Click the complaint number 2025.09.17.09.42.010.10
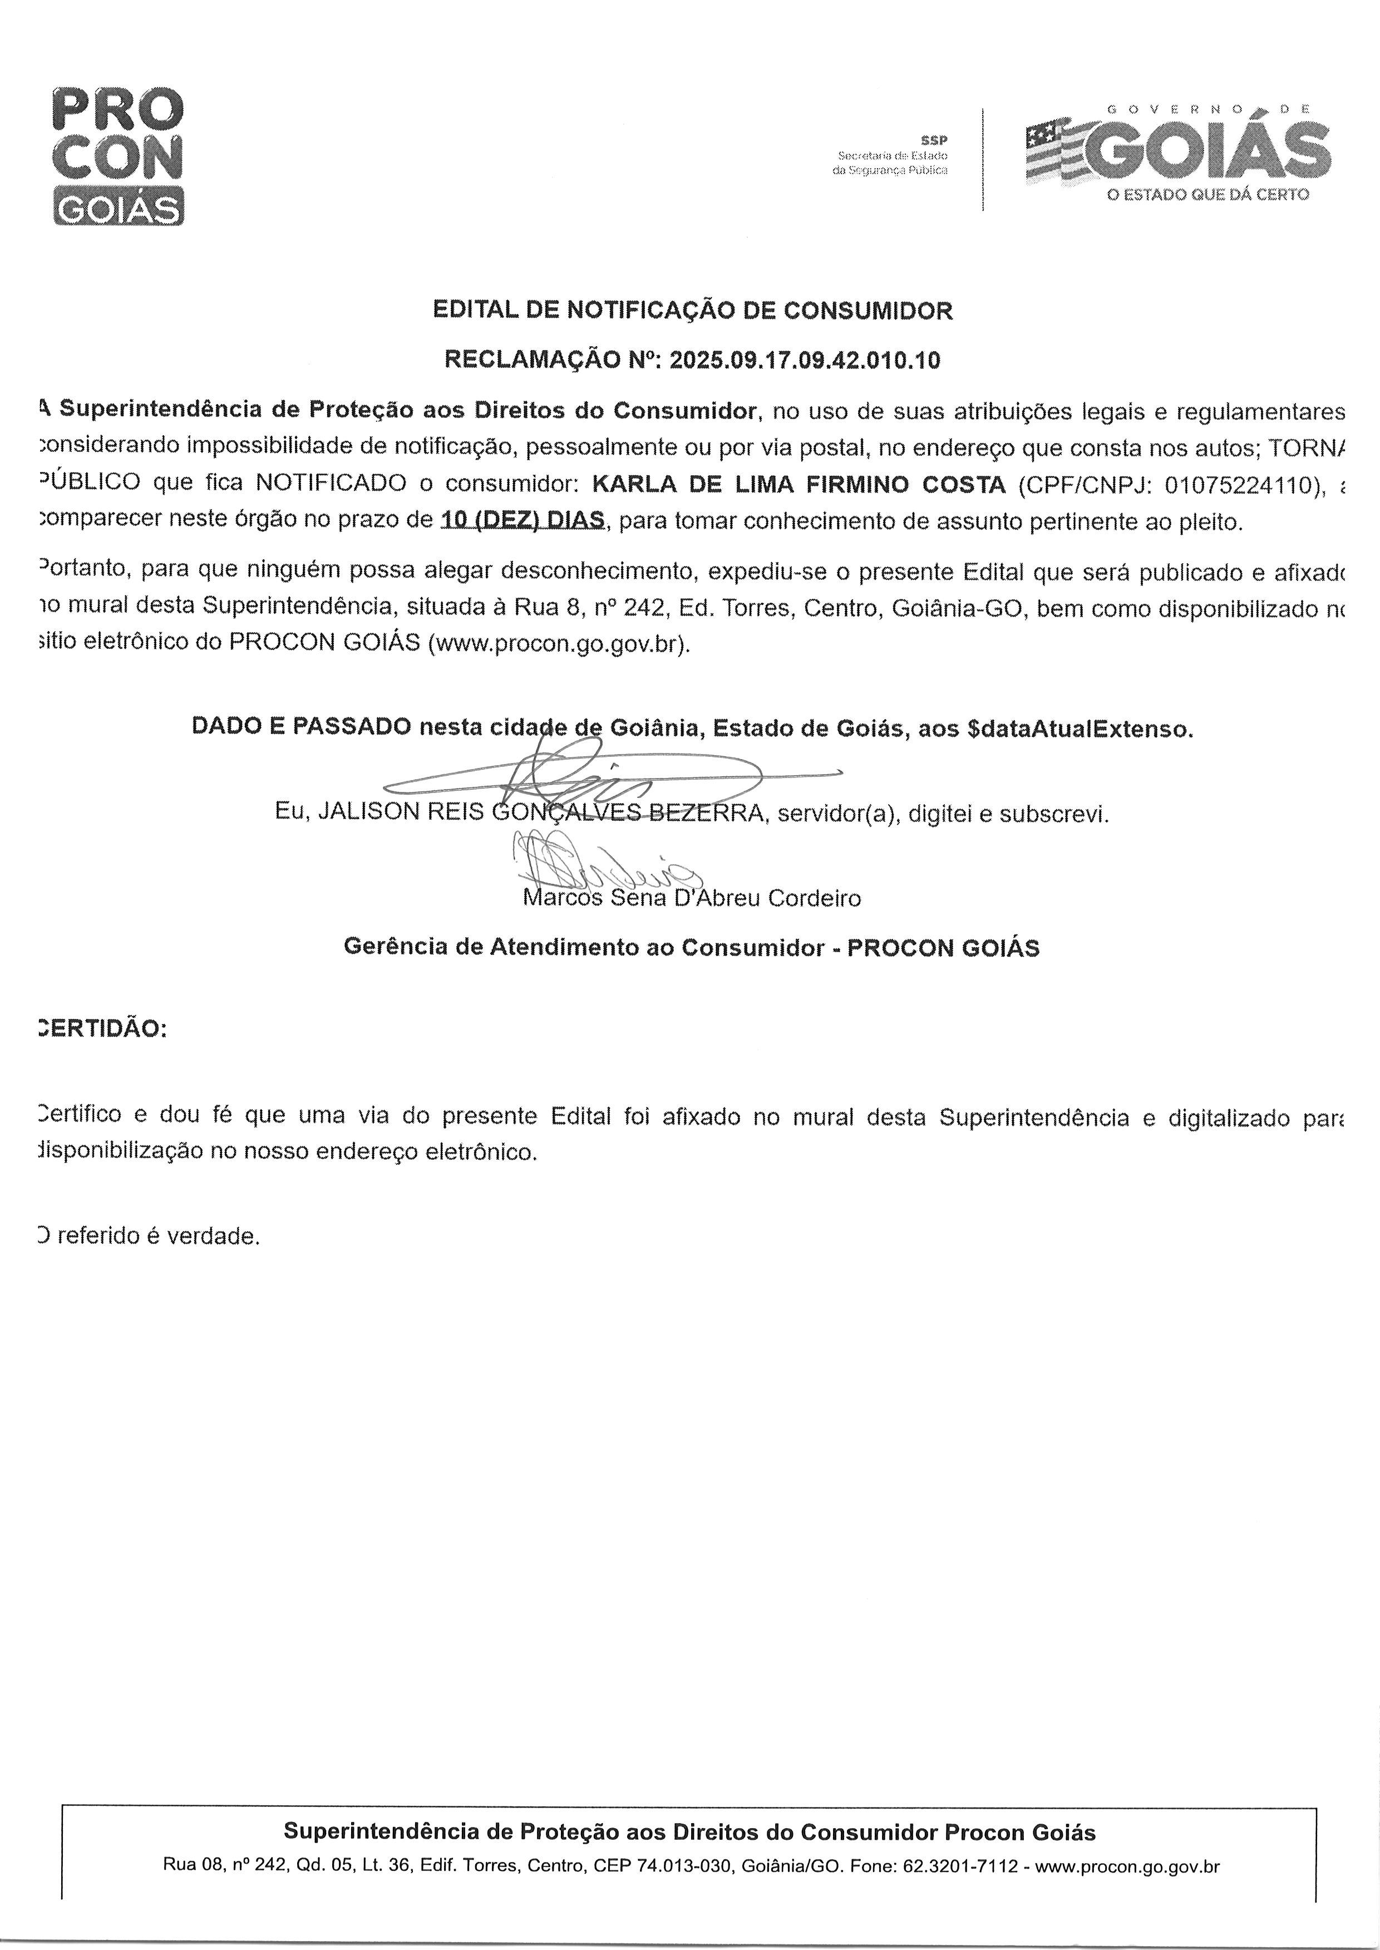(805, 360)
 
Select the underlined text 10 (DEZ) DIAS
(522, 520)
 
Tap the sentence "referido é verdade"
(157, 1235)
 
